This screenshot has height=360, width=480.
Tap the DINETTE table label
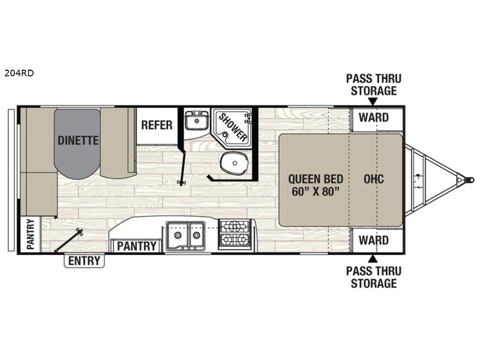(78, 140)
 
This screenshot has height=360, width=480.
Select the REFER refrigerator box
(157, 125)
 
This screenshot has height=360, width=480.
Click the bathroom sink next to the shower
(194, 122)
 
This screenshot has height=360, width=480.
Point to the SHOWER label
(232, 127)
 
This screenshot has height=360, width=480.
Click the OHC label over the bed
(373, 178)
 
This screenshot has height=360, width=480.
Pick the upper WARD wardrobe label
(373, 118)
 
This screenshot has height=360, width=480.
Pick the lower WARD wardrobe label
(373, 241)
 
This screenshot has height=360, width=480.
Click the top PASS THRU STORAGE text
(373, 85)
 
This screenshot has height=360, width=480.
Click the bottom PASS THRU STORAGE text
(373, 277)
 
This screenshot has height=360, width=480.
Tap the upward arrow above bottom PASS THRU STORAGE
(373, 259)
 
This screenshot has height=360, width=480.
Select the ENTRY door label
(84, 261)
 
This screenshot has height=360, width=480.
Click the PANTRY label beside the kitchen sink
(136, 246)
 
